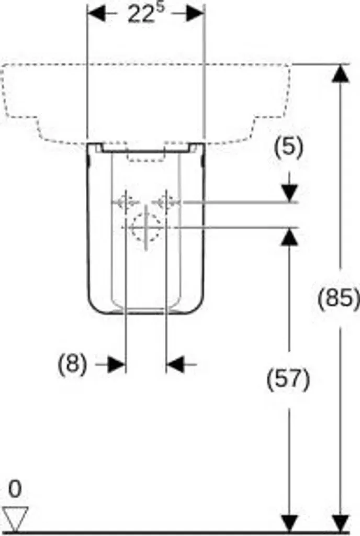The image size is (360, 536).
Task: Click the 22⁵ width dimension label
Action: [146, 14]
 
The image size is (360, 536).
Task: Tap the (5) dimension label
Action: [289, 148]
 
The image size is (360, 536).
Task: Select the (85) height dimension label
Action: [339, 298]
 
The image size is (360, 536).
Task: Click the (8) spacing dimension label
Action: [72, 364]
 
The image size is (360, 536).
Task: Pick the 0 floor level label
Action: [15, 489]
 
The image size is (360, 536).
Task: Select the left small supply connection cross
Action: [126, 203]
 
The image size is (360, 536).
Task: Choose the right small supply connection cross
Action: [166, 203]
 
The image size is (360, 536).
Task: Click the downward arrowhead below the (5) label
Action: [290, 193]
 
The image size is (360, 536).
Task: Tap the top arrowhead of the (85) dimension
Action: [340, 73]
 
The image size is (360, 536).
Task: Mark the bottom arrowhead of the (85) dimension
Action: [341, 523]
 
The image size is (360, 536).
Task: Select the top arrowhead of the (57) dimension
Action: [290, 236]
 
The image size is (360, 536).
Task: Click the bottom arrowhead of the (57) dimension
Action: [290, 523]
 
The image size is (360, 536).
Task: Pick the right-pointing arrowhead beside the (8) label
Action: [117, 364]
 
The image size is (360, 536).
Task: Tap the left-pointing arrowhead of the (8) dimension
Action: [175, 364]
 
